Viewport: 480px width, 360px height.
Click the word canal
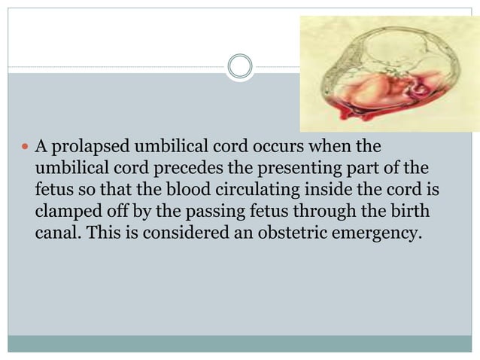(56, 233)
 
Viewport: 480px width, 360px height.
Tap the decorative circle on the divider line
(240, 67)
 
